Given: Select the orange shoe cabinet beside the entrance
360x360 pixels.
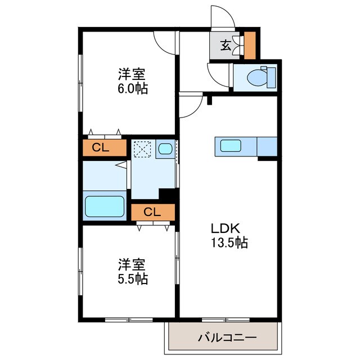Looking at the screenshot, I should point(250,44).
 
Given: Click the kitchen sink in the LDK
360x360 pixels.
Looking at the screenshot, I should point(231,146).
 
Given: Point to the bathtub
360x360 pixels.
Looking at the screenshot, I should point(104,207).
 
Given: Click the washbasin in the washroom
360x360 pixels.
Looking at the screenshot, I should point(165,149).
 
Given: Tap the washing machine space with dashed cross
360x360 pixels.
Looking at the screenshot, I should point(141,149).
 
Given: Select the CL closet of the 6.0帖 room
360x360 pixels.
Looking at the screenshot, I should point(104,148).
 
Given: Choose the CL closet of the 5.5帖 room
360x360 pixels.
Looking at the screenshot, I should point(152,212).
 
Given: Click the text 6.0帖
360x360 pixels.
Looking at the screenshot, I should point(133,89).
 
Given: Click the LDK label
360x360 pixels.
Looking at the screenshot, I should point(226,229).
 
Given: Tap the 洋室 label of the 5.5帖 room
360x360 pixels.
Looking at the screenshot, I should point(133,264).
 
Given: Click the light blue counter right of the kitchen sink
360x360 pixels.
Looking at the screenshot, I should point(267,146).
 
